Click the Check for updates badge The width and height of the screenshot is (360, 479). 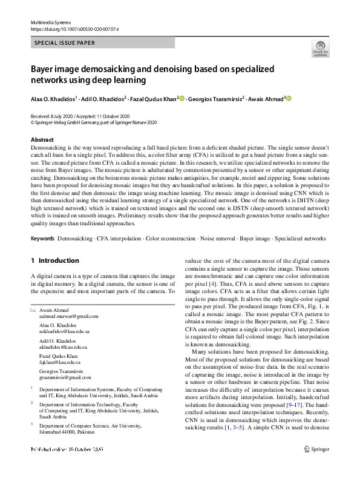[320, 48]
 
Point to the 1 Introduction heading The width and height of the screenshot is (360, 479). [54, 260]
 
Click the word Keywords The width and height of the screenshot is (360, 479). [42, 239]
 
